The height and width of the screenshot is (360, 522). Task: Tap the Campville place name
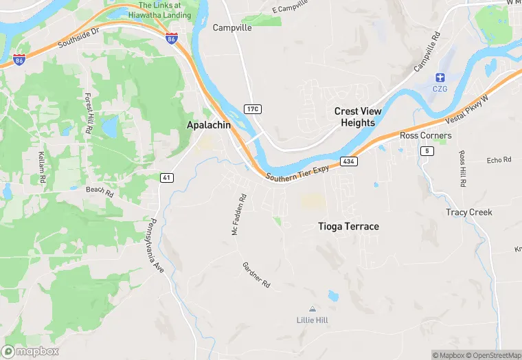(x=232, y=28)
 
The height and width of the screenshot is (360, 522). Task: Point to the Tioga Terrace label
(x=348, y=226)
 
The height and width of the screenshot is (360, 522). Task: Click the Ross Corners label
(x=426, y=135)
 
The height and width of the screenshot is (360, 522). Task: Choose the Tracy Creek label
(x=469, y=212)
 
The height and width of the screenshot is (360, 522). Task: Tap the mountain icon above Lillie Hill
(x=313, y=309)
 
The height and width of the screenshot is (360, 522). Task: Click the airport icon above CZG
(x=440, y=76)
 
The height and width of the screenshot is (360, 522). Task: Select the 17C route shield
(x=253, y=109)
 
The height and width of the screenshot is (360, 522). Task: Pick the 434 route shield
(x=348, y=161)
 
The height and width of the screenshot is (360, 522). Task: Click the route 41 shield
(x=166, y=177)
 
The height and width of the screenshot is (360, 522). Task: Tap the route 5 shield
(x=428, y=151)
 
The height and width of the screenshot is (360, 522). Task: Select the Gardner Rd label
(x=257, y=274)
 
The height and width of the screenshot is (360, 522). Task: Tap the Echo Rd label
(x=499, y=160)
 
